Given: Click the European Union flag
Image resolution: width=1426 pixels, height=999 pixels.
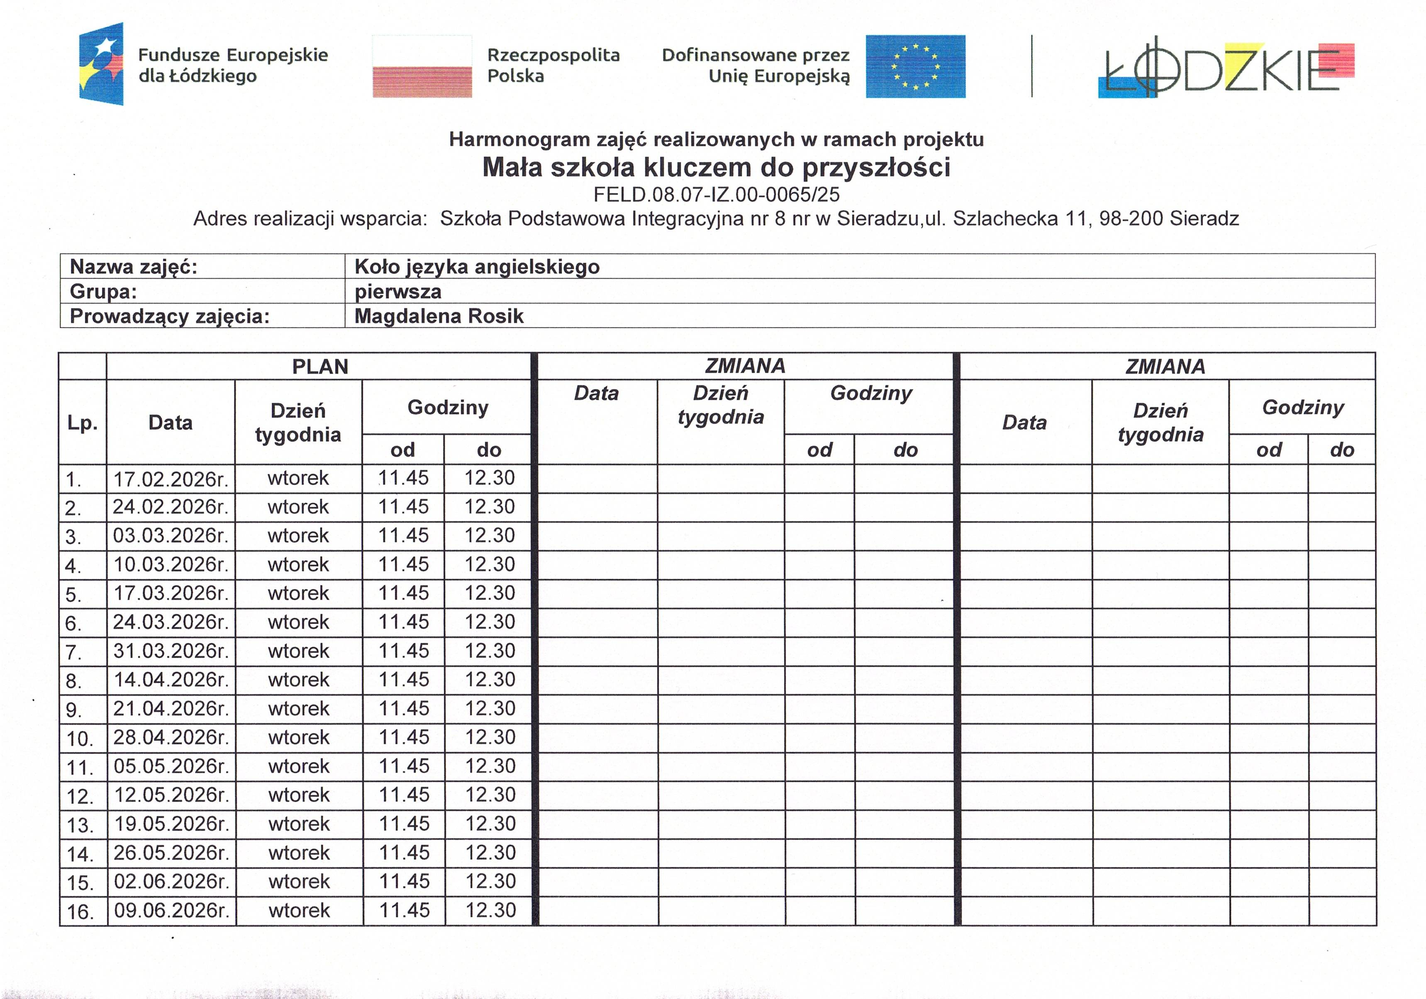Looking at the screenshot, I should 916,66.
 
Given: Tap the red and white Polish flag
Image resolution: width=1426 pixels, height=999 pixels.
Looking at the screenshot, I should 422,66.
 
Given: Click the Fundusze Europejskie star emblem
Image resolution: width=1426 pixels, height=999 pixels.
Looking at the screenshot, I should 101,64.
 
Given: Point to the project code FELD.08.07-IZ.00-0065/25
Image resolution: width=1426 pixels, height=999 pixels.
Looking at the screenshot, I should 716,195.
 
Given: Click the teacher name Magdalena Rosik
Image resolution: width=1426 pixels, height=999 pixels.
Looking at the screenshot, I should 439,316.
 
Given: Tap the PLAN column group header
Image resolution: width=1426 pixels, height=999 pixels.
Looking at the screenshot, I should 320,366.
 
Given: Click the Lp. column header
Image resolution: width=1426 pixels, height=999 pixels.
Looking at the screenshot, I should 82,423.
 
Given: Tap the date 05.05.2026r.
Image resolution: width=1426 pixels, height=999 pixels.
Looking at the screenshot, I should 171,766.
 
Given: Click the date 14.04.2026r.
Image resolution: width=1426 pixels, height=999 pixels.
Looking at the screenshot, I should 171,680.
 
